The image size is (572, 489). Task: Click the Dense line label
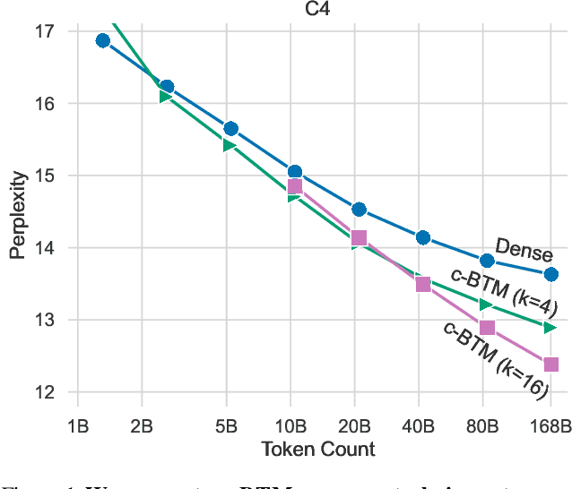tap(524, 250)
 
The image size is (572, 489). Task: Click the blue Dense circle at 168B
tap(551, 274)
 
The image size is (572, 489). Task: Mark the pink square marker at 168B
tap(551, 365)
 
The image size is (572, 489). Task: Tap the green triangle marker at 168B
tap(550, 328)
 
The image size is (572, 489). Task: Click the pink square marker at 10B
tap(295, 186)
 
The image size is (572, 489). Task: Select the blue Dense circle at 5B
tap(230, 128)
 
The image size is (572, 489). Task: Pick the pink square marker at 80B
tap(487, 328)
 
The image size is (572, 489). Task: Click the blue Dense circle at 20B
tap(359, 209)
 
